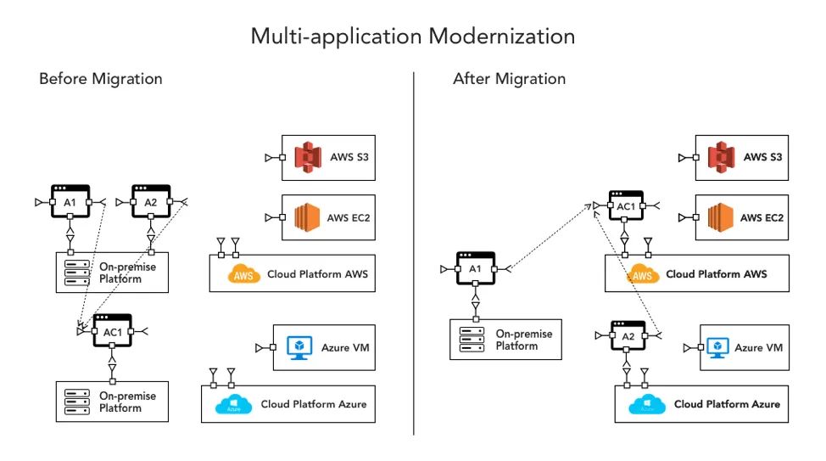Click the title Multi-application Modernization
pyautogui.click(x=413, y=37)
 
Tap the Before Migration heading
pyautogui.click(x=101, y=79)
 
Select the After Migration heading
pyautogui.click(x=509, y=79)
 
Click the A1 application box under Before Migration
pyautogui.click(x=70, y=201)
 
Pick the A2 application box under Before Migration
pyautogui.click(x=150, y=201)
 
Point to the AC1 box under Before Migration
pyautogui.click(x=112, y=330)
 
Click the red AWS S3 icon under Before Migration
pyautogui.click(x=308, y=157)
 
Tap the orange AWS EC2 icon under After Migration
pyautogui.click(x=720, y=217)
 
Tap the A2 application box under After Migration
pyautogui.click(x=627, y=335)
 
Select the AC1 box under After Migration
pyautogui.click(x=625, y=206)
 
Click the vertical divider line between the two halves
pyautogui.click(x=414, y=255)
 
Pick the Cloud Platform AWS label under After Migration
pyautogui.click(x=716, y=274)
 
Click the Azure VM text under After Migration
pyautogui.click(x=758, y=348)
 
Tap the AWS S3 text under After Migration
pyautogui.click(x=762, y=157)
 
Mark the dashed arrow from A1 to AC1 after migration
pyautogui.click(x=550, y=237)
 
